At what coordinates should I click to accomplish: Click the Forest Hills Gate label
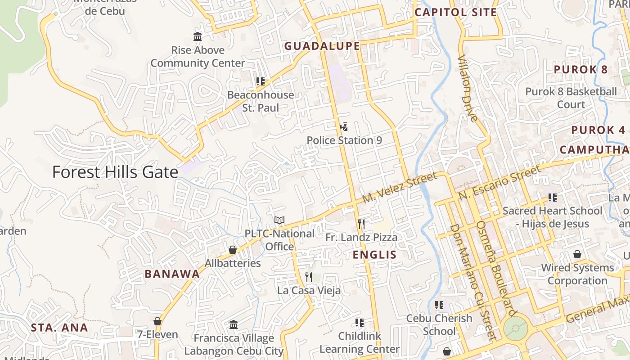(115, 172)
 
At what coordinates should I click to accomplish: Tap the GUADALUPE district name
(322, 46)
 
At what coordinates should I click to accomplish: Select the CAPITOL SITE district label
(455, 12)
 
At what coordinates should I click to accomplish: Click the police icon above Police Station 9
(344, 127)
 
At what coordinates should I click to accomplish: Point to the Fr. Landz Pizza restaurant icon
(361, 224)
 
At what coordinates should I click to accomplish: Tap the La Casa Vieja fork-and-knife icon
(309, 277)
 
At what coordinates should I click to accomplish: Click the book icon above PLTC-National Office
(279, 220)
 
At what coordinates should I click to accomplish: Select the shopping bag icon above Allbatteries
(233, 250)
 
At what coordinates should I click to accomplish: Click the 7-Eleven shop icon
(157, 321)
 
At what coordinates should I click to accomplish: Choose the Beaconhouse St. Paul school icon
(261, 81)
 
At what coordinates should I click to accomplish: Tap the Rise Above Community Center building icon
(198, 36)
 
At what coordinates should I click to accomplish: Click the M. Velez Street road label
(399, 187)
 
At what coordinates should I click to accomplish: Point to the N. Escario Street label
(499, 183)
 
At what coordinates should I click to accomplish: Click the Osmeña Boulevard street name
(496, 268)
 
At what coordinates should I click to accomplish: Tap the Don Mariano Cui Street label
(471, 282)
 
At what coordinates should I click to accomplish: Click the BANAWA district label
(172, 274)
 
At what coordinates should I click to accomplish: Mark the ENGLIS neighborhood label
(374, 255)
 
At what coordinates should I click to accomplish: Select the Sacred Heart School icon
(553, 197)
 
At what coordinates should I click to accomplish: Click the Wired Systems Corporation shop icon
(577, 254)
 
